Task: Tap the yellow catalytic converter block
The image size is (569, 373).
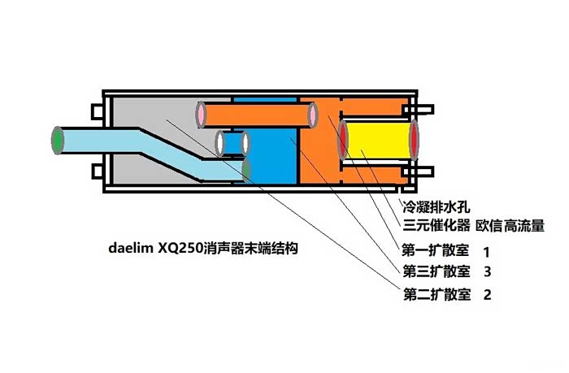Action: (x=379, y=138)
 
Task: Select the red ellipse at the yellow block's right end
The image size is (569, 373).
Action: (x=415, y=138)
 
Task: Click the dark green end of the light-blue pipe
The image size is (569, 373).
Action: (x=246, y=169)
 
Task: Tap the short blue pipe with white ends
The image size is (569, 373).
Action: (x=232, y=144)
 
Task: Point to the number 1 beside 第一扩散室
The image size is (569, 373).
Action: (x=486, y=251)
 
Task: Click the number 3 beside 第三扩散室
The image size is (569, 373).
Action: (x=486, y=271)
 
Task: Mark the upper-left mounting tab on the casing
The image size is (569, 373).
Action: (x=97, y=108)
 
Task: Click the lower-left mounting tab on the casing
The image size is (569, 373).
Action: (x=97, y=171)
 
